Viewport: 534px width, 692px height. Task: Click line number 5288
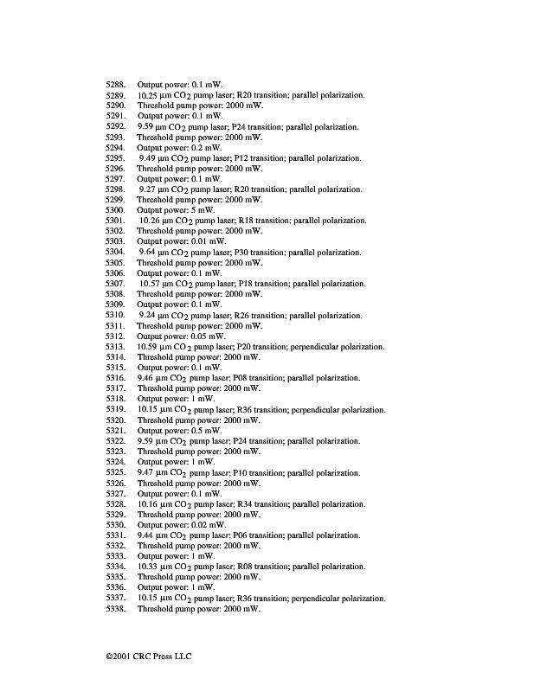[116, 84]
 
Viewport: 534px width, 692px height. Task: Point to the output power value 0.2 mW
[205, 147]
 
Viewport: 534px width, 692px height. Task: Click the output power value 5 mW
[203, 210]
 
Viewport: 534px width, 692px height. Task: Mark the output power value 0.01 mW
[207, 241]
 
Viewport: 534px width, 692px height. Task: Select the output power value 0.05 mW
[207, 336]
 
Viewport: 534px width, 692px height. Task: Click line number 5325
[116, 472]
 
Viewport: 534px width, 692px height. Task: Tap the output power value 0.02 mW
[207, 524]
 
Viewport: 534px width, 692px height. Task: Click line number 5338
[116, 609]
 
